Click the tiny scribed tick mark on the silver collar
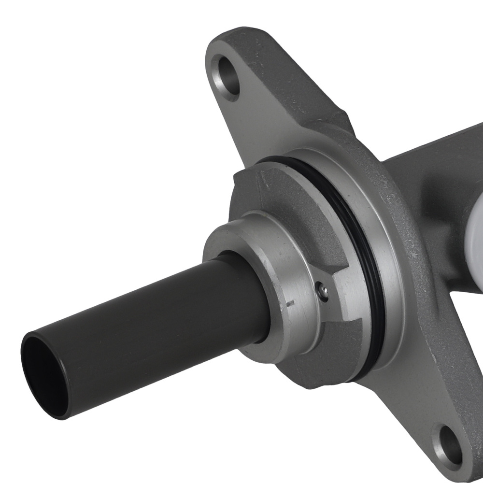[290, 304]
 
